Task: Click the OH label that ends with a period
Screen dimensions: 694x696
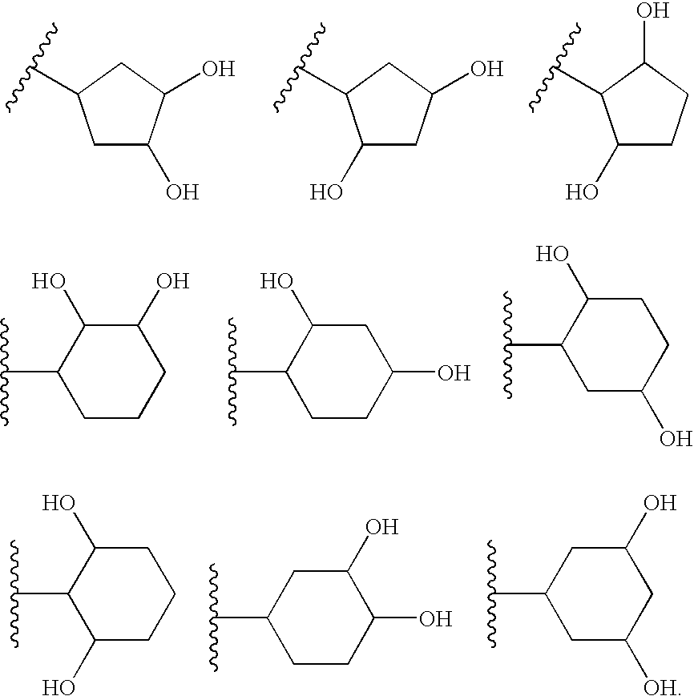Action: pyautogui.click(x=662, y=686)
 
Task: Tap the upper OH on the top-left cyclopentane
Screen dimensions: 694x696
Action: pyautogui.click(x=218, y=69)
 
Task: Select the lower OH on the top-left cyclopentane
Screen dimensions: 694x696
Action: pyautogui.click(x=182, y=192)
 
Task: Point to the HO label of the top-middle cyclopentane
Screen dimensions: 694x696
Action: pyautogui.click(x=326, y=192)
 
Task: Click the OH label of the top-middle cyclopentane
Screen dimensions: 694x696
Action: pyautogui.click(x=486, y=69)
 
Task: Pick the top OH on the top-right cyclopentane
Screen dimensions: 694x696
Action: pyautogui.click(x=652, y=11)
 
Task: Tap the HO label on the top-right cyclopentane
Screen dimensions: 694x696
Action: pyautogui.click(x=582, y=192)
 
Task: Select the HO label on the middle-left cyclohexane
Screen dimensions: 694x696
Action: pyautogui.click(x=48, y=282)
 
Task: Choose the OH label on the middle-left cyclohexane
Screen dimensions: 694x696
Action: pyautogui.click(x=172, y=282)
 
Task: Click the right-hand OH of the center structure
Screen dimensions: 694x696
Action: pyautogui.click(x=454, y=373)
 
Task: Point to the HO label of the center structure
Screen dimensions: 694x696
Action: pyautogui.click(x=276, y=282)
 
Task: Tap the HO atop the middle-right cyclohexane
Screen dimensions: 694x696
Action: pyautogui.click(x=552, y=255)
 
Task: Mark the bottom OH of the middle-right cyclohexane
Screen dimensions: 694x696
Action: pyautogui.click(x=676, y=439)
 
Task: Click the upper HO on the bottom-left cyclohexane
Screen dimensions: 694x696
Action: pyautogui.click(x=59, y=503)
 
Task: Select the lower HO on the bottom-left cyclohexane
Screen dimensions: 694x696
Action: pyautogui.click(x=59, y=686)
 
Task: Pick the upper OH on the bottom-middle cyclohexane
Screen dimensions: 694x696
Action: pyautogui.click(x=381, y=527)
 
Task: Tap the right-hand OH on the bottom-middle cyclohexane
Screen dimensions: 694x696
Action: pyautogui.click(x=436, y=618)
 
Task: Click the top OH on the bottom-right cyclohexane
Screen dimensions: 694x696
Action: pyautogui.click(x=660, y=503)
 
